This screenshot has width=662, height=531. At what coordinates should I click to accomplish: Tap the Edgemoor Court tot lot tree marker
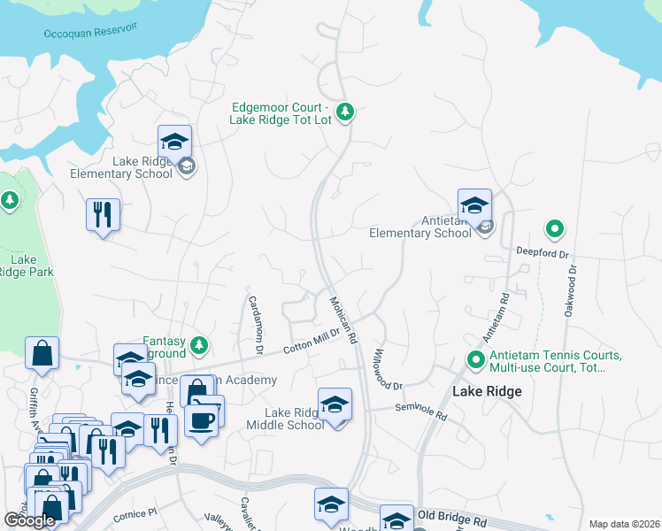tap(346, 112)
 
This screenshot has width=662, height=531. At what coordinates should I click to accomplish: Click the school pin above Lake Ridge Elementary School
tap(175, 142)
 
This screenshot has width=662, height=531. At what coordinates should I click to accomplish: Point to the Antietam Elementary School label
tap(421, 227)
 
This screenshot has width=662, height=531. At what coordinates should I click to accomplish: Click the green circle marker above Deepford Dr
tap(555, 230)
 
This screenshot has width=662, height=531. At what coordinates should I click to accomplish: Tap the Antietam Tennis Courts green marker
tap(475, 360)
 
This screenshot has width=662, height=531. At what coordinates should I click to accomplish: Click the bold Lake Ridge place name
tap(487, 390)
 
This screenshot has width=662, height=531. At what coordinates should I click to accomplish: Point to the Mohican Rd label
tap(343, 319)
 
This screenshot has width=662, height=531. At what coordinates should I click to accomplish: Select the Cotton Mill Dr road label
tap(312, 343)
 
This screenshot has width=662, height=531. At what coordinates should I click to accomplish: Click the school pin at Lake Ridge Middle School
tap(335, 405)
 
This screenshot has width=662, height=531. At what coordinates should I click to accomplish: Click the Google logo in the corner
tap(30, 520)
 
